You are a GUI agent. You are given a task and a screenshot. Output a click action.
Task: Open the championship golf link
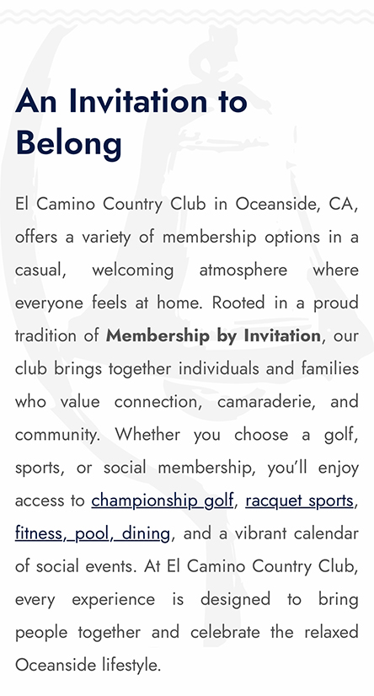click(163, 501)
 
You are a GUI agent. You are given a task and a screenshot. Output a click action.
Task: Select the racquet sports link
click(299, 501)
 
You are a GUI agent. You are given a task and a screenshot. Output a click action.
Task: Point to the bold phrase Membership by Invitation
click(213, 335)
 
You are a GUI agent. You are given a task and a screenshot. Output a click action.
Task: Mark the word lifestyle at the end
click(126, 665)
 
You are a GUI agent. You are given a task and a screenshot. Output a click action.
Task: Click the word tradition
click(46, 335)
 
